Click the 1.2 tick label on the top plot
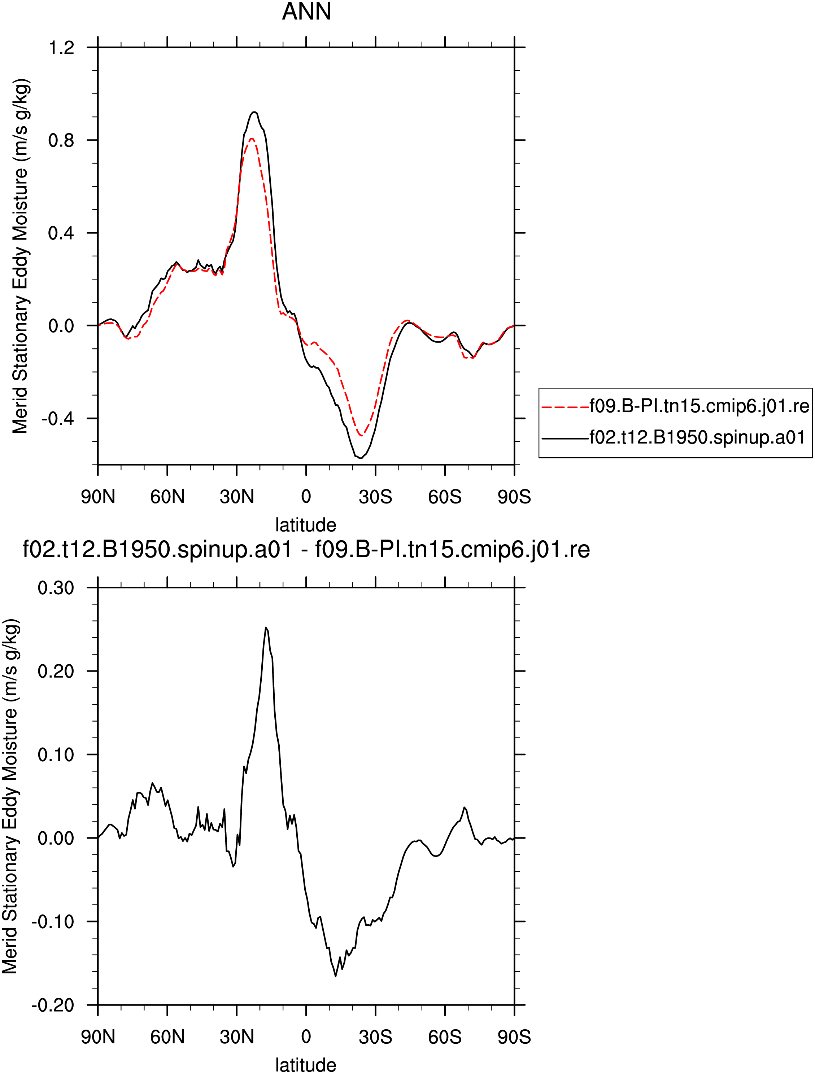(61, 48)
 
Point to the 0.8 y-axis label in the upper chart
(61, 140)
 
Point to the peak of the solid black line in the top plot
(254, 112)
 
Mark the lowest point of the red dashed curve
(361, 436)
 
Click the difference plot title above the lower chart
(306, 550)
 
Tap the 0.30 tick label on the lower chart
(56, 588)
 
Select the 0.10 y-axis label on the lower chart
(56, 754)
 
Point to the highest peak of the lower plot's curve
(266, 627)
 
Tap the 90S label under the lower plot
(514, 1037)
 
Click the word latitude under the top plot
(306, 525)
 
